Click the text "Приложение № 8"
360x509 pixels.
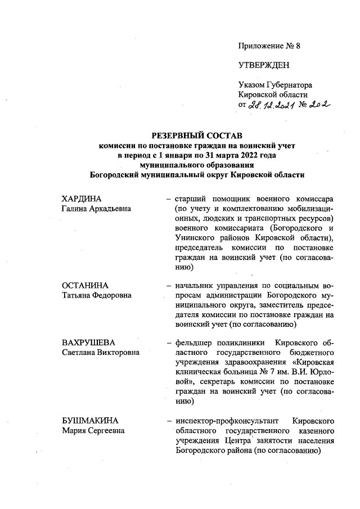point(269,46)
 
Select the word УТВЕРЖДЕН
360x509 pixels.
point(264,66)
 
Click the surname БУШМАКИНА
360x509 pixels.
point(91,421)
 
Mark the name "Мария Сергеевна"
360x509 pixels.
point(93,431)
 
